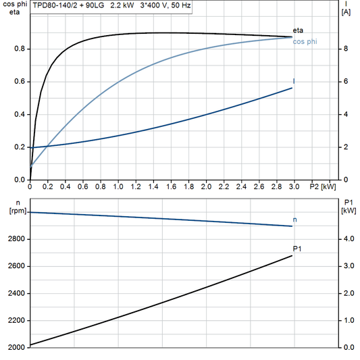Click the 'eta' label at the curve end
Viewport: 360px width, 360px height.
pos(298,31)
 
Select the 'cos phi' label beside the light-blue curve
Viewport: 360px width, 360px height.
pos(305,42)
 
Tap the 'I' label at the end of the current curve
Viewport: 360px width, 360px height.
pos(294,81)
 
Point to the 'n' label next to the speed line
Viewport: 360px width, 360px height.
pos(294,220)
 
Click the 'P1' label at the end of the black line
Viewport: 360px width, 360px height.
pos(297,249)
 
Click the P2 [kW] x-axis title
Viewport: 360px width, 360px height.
pos(322,186)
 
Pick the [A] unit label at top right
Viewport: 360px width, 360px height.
pos(346,12)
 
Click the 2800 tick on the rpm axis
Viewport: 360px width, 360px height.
pos(17,239)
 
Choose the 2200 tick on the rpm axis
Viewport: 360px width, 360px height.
pos(17,321)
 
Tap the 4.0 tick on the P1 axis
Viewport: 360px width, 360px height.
pos(347,239)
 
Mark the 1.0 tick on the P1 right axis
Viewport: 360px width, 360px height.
pos(347,321)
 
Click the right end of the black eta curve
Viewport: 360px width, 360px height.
pos(292,36)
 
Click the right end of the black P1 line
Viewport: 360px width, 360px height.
pos(292,255)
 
